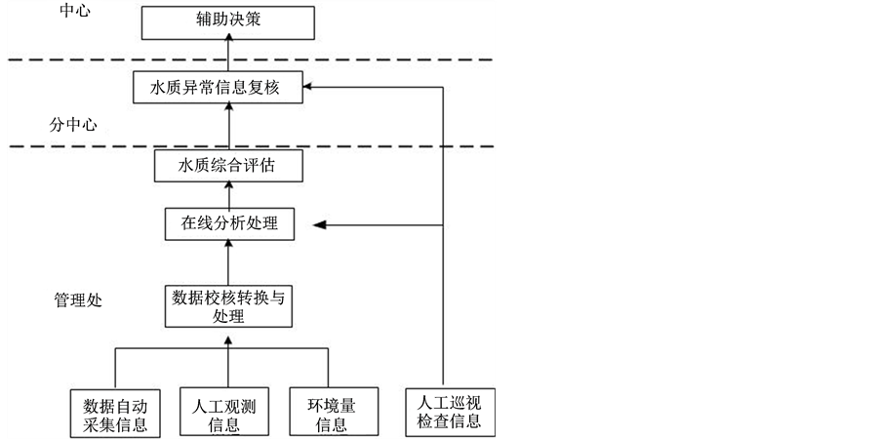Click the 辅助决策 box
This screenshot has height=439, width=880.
coord(229,21)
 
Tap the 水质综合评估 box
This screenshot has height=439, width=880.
coord(227,166)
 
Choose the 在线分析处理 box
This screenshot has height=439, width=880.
coord(229,223)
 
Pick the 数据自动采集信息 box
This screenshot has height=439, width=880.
coord(115,414)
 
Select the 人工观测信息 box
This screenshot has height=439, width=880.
coord(227,414)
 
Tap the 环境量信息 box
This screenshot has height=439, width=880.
coord(327,414)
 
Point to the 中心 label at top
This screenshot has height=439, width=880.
coord(75,12)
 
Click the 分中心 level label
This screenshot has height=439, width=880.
coord(73,125)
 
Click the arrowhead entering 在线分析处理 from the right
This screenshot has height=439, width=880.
coord(317,224)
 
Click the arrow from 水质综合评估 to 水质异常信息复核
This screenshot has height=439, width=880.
coord(229,127)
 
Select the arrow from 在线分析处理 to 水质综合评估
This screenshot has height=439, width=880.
coord(229,195)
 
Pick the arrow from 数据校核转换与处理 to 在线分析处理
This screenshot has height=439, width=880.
coord(229,261)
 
